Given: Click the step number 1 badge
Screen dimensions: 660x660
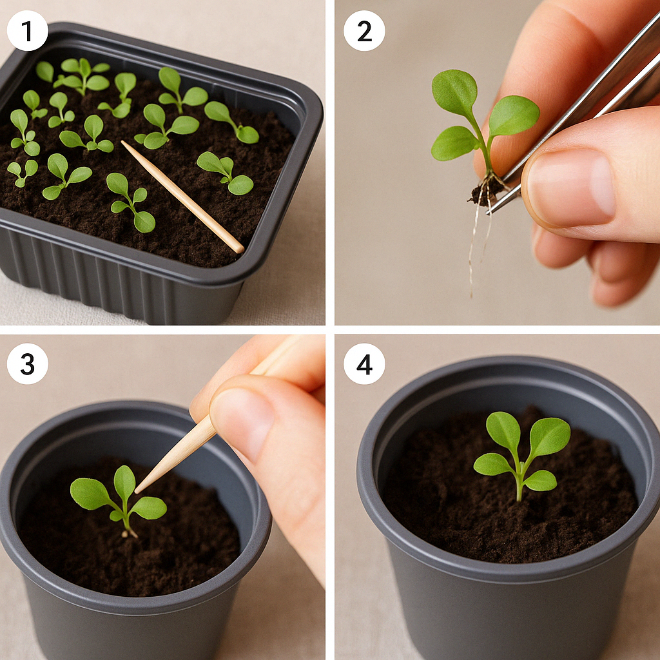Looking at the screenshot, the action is [27, 31].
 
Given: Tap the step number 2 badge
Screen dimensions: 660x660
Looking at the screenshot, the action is [364, 31].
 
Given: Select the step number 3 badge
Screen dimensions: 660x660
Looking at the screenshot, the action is [27, 364].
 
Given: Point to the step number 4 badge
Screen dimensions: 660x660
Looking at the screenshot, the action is [364, 364].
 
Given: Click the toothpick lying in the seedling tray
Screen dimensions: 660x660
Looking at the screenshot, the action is [182, 197].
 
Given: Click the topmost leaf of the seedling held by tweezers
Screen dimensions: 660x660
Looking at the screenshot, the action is [454, 93].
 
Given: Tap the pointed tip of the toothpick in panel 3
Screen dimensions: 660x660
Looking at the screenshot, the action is [136, 492].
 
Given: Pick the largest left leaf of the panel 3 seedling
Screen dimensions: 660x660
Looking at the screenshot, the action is [90, 493].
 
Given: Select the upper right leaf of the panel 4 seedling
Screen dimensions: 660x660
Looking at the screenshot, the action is [549, 438].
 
